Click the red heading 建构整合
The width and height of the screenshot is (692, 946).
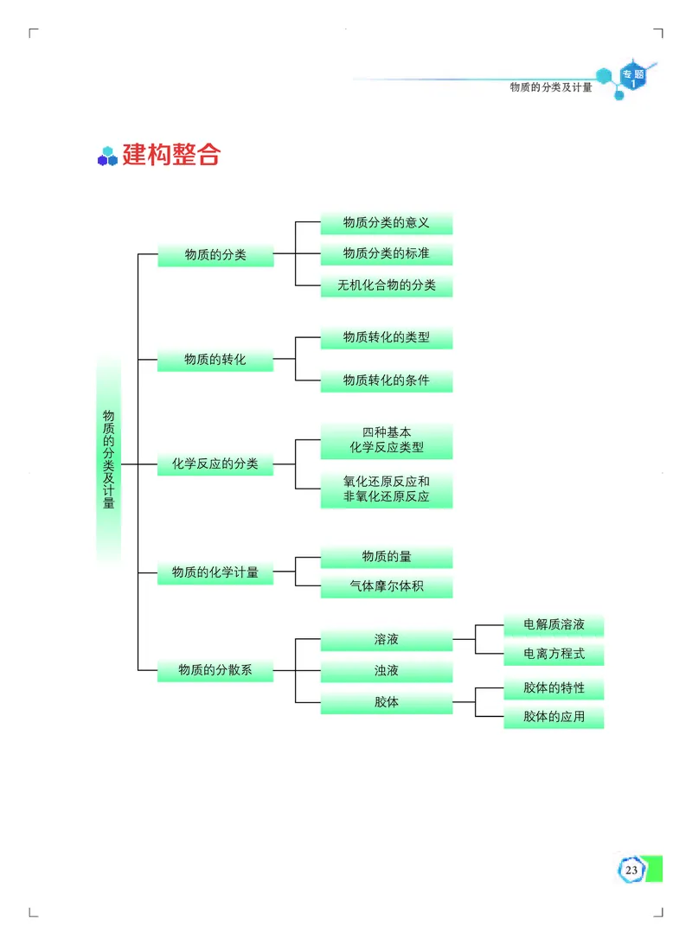tap(171, 155)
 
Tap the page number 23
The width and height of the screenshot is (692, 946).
tap(631, 869)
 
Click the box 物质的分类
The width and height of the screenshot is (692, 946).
tap(215, 255)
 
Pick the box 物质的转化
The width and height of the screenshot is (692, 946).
tap(215, 359)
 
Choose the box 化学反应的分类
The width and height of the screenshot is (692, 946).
tap(215, 463)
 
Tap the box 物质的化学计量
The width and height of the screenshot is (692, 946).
tap(215, 572)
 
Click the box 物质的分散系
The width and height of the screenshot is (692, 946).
tap(215, 669)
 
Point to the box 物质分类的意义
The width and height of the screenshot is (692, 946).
tap(386, 223)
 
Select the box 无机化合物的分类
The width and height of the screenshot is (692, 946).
tap(386, 285)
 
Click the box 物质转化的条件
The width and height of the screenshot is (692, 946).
tap(386, 380)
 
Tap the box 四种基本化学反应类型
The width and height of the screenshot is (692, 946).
tap(386, 440)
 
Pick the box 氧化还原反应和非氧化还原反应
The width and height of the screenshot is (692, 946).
tap(386, 489)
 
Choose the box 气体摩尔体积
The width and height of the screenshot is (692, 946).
tap(386, 587)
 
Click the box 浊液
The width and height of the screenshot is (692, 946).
tap(386, 671)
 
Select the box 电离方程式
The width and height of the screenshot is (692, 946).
tap(554, 654)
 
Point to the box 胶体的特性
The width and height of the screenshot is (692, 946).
tap(554, 688)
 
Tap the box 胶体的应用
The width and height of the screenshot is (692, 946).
tap(554, 717)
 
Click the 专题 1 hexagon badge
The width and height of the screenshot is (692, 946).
tap(632, 80)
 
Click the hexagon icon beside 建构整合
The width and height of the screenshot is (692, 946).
tap(107, 157)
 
